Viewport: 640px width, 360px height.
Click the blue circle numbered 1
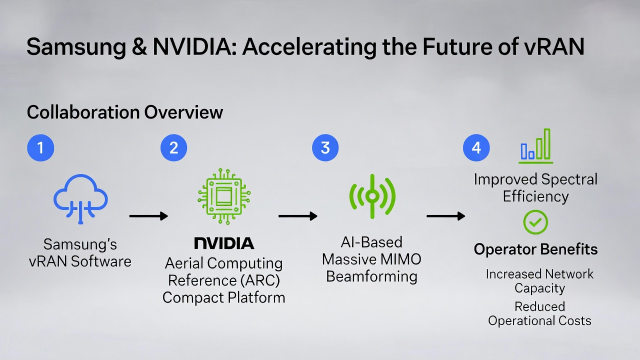40,148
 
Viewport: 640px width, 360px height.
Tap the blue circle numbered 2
173,148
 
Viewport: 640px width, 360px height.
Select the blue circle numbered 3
325,148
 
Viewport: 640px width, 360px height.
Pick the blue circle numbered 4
476,148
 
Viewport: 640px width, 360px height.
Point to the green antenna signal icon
372,196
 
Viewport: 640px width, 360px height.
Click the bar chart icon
535,146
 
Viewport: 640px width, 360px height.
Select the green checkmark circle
535,222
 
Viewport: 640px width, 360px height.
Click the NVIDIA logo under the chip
224,243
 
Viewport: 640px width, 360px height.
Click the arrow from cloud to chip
148,216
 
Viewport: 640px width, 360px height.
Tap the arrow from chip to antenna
298,216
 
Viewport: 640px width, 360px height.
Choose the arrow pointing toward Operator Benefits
445,216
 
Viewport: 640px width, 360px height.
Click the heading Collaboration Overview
124,112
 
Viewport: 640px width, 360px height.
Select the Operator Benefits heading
535,249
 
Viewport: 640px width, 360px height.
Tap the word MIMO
399,259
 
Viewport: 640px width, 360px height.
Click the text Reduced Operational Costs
539,313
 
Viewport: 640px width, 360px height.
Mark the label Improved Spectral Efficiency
535,187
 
